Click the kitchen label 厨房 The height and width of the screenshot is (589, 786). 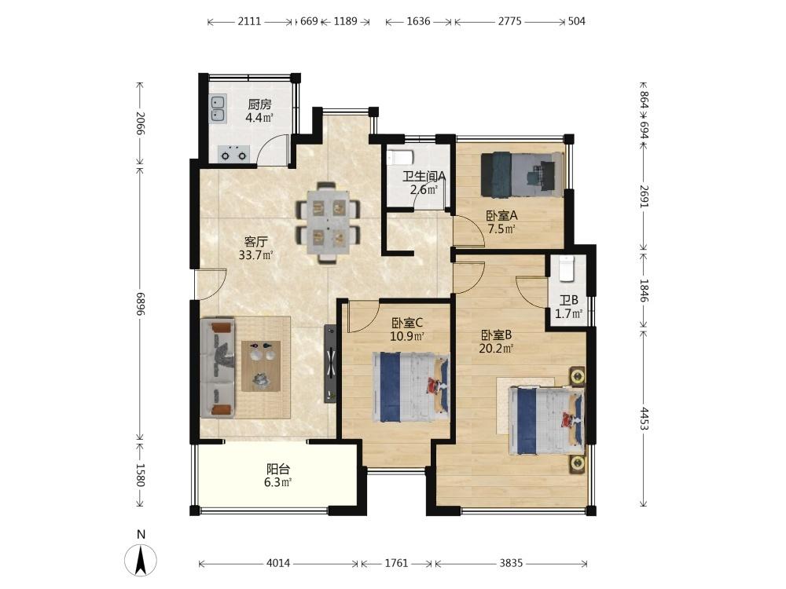(259, 104)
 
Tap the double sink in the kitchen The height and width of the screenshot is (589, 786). (218, 108)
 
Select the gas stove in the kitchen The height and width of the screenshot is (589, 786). (233, 154)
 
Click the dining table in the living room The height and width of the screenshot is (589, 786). (329, 222)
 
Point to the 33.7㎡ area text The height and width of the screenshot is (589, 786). (255, 255)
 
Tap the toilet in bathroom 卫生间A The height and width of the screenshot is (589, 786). (400, 158)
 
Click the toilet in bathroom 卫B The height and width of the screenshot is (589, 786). (567, 269)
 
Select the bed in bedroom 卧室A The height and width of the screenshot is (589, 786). (521, 174)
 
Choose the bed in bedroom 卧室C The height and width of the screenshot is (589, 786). (410, 388)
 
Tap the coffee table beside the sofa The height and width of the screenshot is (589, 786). (261, 366)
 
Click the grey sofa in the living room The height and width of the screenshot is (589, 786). (218, 367)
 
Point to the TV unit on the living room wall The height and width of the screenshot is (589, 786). (330, 364)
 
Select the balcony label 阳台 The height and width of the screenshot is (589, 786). (278, 470)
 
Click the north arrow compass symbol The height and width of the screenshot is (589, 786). (141, 558)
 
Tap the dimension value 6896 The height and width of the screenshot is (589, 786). (141, 305)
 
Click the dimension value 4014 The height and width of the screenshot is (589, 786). (278, 563)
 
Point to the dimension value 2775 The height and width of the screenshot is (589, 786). (510, 21)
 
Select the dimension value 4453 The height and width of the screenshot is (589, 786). (645, 419)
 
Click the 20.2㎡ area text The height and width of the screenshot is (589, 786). (496, 348)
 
